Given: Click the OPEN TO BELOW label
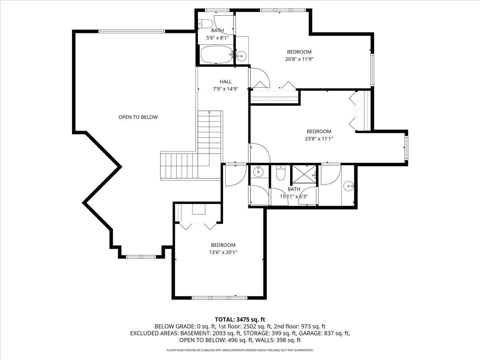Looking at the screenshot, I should coord(138,117).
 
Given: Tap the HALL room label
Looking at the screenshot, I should coord(226,82).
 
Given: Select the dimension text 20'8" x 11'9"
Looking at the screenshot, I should coord(299,59).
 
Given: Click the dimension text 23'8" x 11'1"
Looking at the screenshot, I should coord(320,138).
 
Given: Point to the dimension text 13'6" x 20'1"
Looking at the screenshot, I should coord(223,252).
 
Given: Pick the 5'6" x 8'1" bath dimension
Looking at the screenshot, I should coord(217,38).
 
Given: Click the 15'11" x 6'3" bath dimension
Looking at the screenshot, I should coord(294,196).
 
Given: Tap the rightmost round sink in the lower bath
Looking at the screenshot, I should coord(349,186).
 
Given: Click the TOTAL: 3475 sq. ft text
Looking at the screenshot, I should coord(240,319).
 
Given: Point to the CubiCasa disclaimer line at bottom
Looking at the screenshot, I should coord(240,350).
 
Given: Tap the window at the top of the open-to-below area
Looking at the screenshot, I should coord(132,31).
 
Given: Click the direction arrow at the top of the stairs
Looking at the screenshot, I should coord(209,113).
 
